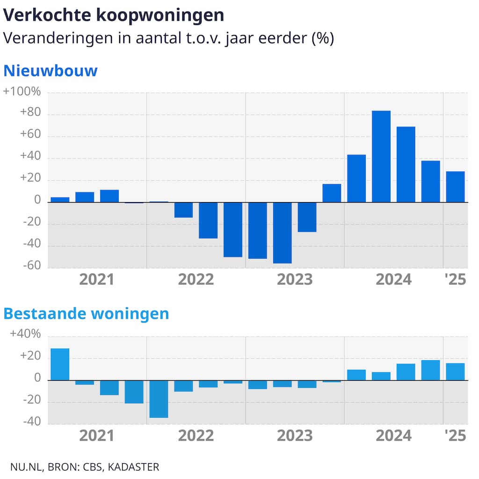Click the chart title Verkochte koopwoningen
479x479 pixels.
tap(114, 15)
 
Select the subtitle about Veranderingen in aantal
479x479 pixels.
tap(168, 38)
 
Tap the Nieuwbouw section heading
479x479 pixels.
tap(51, 71)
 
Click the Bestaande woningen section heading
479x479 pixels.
tap(86, 313)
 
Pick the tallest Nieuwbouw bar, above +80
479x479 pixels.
tap(381, 156)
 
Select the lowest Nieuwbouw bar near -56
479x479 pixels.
tap(283, 232)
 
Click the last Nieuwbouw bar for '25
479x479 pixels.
tap(455, 187)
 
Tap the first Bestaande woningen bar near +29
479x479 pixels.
tap(60, 364)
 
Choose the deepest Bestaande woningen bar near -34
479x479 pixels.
tap(159, 399)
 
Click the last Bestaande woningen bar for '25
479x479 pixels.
tap(455, 371)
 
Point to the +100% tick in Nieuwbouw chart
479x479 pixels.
tap(22, 92)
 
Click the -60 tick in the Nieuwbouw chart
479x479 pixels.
tap(31, 266)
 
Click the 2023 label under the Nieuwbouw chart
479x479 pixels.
tap(295, 280)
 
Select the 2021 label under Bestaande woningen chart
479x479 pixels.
tap(97, 435)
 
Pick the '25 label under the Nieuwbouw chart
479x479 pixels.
tap(455, 280)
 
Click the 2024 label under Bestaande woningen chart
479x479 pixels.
tap(394, 435)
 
